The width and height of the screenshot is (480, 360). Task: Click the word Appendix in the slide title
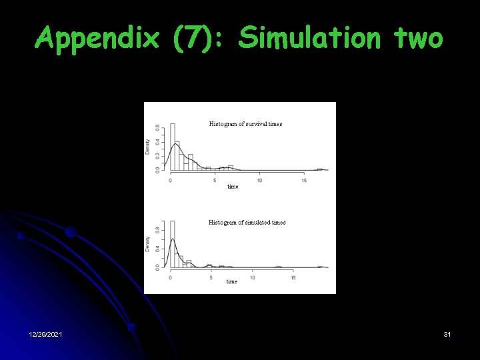coord(97,38)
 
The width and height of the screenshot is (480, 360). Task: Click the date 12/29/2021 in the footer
coord(46,333)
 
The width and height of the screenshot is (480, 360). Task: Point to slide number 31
coord(447,333)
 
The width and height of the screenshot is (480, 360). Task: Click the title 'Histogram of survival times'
coord(245,124)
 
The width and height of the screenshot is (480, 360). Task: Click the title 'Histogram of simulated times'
coord(247,223)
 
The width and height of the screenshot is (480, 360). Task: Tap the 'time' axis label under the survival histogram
coord(233,187)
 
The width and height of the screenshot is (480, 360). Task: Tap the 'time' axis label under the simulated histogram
coord(232,282)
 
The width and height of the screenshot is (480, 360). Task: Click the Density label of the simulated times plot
coord(148,243)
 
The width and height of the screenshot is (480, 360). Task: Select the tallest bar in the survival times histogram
coord(173,147)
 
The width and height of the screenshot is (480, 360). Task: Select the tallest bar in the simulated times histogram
coord(172,244)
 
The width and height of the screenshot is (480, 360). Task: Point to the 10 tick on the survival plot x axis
coord(259,180)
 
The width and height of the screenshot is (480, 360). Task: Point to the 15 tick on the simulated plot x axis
coord(293,277)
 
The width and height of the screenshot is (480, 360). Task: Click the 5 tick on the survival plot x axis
coord(215,180)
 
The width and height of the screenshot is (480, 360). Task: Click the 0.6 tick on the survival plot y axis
coord(157,127)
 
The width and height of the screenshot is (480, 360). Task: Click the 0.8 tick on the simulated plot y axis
coord(157,231)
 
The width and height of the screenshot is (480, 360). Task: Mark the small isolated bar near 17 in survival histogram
coord(319,169)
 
